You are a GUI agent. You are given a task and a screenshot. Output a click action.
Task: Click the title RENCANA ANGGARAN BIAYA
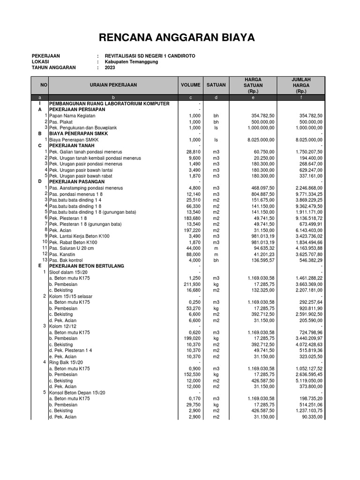coord(180,37)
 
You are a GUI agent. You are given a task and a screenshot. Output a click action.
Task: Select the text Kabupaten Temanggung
coord(132,61)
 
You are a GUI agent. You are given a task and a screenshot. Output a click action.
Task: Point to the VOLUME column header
coord(190,85)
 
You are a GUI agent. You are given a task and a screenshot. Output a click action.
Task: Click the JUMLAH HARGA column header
coord(301,85)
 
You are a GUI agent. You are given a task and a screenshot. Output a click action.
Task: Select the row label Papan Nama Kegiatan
coord(72,115)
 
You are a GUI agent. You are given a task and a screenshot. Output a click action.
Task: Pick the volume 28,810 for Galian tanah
coord(193,152)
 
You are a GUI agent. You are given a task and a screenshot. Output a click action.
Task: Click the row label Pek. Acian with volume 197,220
coord(61,230)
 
